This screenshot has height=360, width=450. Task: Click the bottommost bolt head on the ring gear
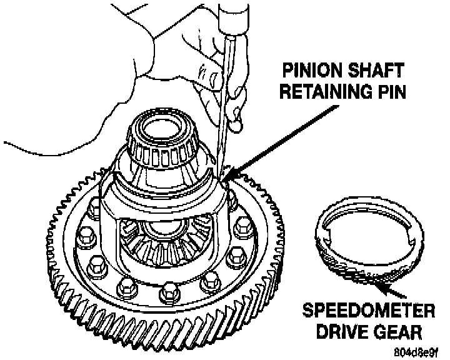[x=168, y=290]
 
